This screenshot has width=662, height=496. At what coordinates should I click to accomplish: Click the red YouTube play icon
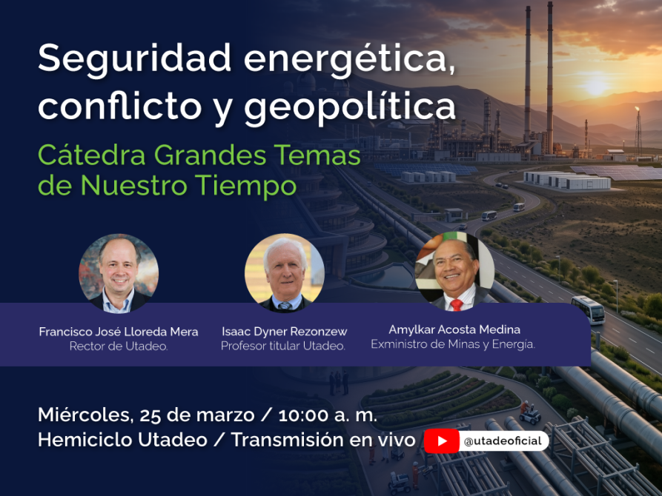[442, 440]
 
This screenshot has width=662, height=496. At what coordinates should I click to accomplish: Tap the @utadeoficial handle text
[503, 441]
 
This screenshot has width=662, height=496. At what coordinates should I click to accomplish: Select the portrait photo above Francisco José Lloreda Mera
[119, 273]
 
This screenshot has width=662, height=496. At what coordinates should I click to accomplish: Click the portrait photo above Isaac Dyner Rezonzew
[285, 273]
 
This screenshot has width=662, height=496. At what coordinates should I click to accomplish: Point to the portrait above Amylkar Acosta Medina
[454, 272]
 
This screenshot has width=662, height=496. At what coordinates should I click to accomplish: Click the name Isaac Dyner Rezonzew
[285, 332]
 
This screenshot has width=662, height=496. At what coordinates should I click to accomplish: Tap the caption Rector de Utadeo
[119, 346]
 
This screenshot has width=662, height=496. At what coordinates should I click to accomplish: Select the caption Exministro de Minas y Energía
[453, 344]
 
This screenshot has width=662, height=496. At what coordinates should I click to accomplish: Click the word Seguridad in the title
[135, 59]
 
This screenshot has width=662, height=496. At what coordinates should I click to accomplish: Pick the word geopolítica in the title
[350, 107]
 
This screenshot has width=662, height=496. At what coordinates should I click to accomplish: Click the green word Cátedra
[92, 155]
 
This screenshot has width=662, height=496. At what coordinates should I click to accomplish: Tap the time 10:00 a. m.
[328, 415]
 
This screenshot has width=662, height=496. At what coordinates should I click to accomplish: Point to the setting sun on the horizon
[595, 86]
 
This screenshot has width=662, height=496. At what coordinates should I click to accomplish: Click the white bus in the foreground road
[588, 310]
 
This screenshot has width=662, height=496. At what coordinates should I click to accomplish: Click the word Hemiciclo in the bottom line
[86, 440]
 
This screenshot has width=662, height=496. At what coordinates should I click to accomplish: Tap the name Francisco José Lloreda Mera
[119, 332]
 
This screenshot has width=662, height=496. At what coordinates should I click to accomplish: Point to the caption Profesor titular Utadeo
[283, 346]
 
